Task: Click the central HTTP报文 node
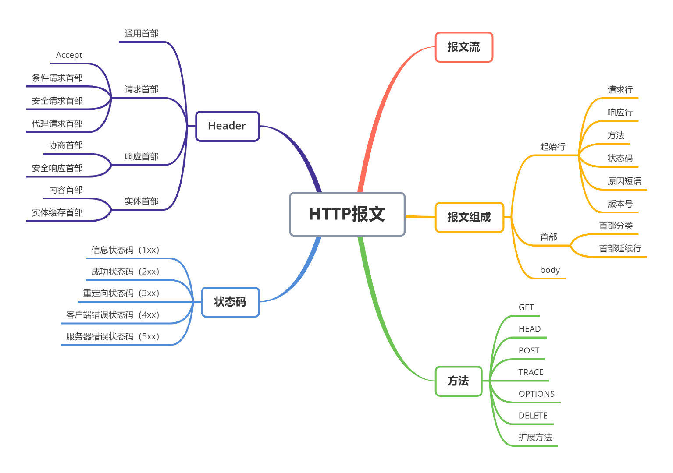click(x=347, y=214)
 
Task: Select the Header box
click(x=227, y=126)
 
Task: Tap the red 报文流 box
click(x=463, y=47)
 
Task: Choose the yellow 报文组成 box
click(x=469, y=217)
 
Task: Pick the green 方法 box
click(x=458, y=381)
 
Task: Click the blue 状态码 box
click(x=230, y=302)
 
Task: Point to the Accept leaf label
click(x=69, y=55)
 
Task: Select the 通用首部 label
click(x=141, y=34)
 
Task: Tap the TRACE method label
click(x=531, y=372)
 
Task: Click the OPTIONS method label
click(x=536, y=394)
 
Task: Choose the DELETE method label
click(x=533, y=416)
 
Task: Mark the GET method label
click(x=526, y=307)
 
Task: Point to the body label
click(x=550, y=270)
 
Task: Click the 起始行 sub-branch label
click(x=552, y=147)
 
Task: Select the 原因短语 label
click(x=624, y=181)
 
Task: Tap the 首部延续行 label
click(x=620, y=248)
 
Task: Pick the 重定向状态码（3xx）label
click(x=121, y=293)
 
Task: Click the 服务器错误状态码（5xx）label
click(x=113, y=337)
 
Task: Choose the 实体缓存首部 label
click(x=57, y=213)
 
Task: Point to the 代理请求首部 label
click(x=57, y=124)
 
